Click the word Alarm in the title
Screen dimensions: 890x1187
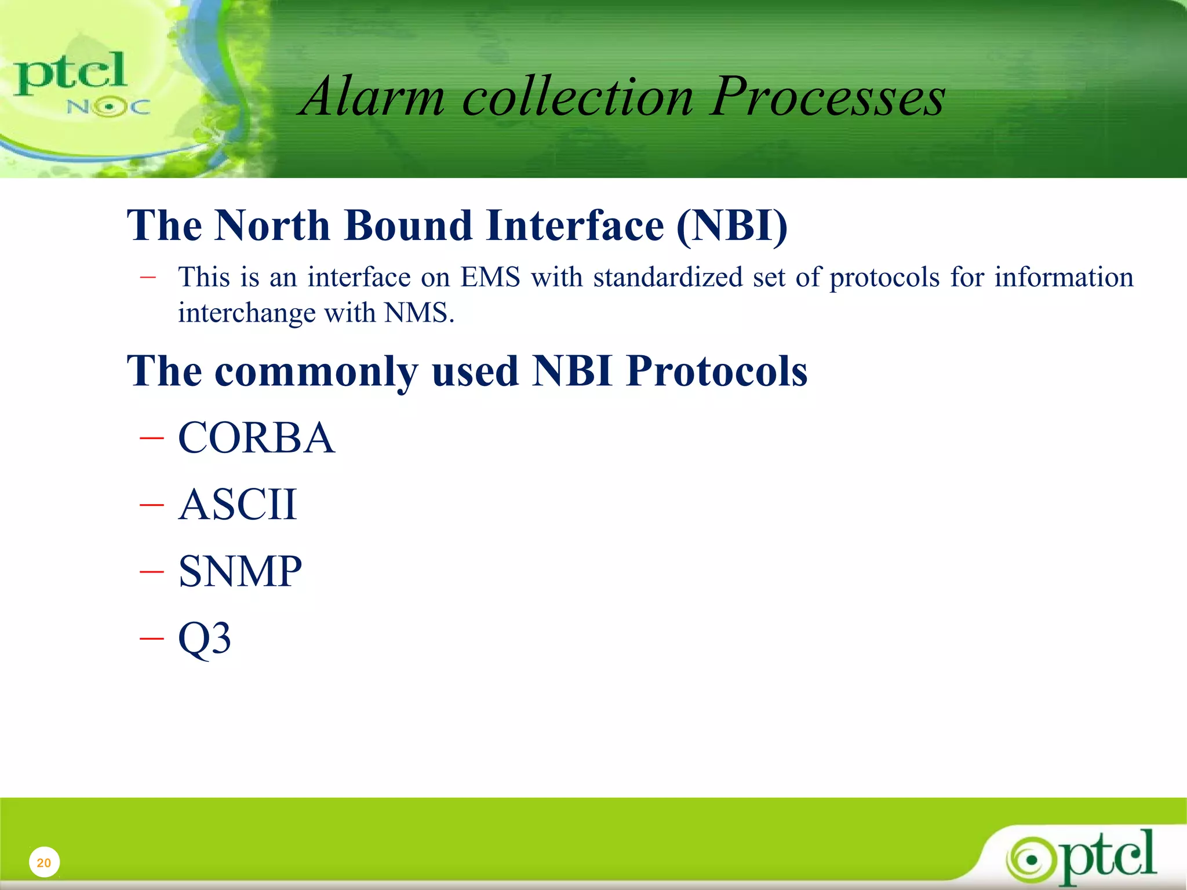pyautogui.click(x=373, y=97)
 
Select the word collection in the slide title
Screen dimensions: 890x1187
pyautogui.click(x=577, y=97)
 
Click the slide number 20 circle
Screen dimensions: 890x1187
pyautogui.click(x=44, y=862)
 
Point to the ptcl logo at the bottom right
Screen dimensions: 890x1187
pyautogui.click(x=1082, y=856)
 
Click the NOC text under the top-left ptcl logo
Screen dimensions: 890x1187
pyautogui.click(x=108, y=107)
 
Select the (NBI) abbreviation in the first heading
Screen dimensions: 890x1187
pyautogui.click(x=732, y=225)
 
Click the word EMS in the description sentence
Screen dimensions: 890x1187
pyautogui.click(x=490, y=277)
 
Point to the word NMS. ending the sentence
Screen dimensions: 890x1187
pyautogui.click(x=420, y=313)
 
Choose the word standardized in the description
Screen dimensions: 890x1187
pyautogui.click(x=668, y=277)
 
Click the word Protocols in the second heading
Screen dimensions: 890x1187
pyautogui.click(x=716, y=371)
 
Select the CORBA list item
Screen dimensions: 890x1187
pyautogui.click(x=256, y=438)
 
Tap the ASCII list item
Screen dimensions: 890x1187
pyautogui.click(x=238, y=505)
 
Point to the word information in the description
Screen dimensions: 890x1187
pyautogui.click(x=1064, y=277)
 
